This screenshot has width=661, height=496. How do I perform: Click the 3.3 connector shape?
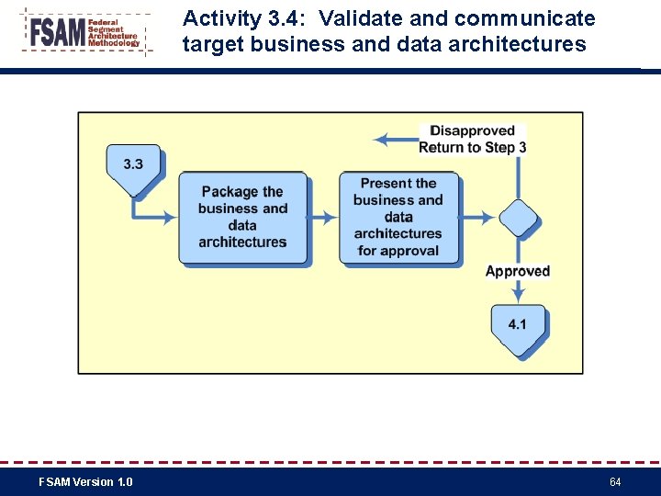pos(133,167)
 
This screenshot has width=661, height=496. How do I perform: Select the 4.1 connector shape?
pos(517,328)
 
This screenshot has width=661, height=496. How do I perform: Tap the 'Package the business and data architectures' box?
pos(242,218)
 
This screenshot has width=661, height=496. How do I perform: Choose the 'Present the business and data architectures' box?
pos(398,218)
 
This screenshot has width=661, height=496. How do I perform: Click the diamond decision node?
pos(518,219)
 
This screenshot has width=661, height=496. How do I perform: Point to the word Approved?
pos(518,271)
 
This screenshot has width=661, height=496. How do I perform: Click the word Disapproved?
pos(472,131)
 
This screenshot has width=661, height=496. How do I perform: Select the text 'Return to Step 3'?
pos(472,147)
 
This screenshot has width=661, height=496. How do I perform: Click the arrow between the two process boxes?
pos(323,219)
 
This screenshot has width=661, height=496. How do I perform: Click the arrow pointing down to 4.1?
pos(518,290)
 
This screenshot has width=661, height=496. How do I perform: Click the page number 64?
pos(615,482)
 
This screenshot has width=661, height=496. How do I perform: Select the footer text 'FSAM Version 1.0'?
pos(85,482)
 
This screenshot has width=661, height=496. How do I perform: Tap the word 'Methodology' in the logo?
pos(114,43)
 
